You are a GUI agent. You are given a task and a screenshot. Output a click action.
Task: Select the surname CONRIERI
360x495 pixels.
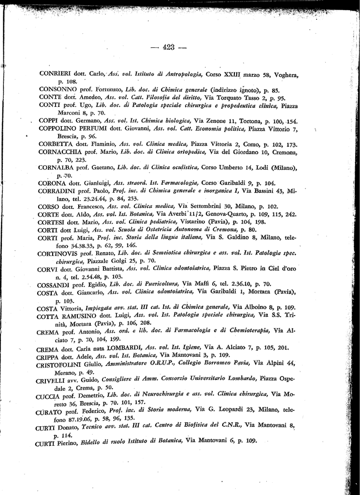[x=55, y=74]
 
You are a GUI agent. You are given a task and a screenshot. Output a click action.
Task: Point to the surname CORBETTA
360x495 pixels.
[x=55, y=144]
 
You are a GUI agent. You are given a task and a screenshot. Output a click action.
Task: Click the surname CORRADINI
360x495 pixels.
[x=57, y=190]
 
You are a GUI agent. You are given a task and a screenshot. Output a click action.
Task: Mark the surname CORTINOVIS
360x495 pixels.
[x=58, y=253]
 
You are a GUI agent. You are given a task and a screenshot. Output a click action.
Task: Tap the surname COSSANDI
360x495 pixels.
[x=55, y=284]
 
